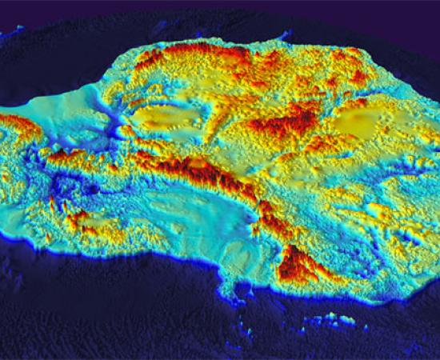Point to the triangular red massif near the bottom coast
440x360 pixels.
click(x=298, y=264)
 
